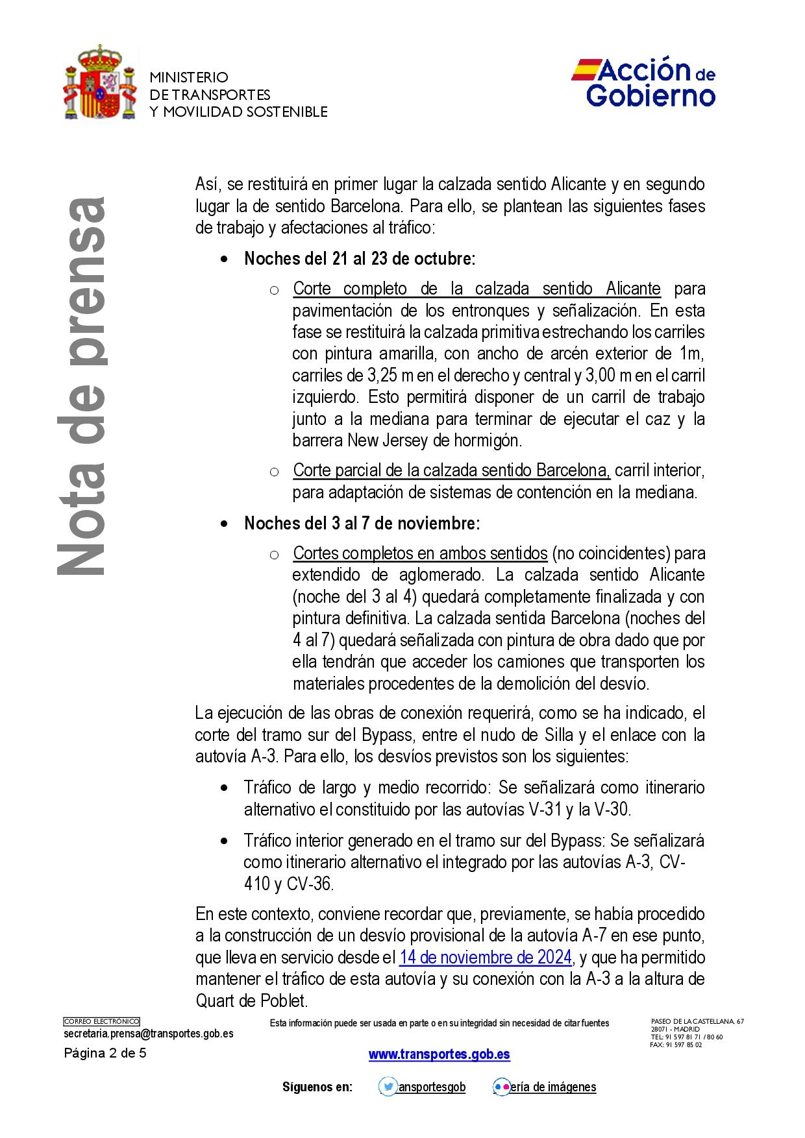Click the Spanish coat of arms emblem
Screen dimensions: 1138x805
click(100, 83)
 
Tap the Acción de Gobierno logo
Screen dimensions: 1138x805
click(643, 82)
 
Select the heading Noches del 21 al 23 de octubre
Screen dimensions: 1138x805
click(360, 259)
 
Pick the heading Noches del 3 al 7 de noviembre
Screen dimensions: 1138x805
click(362, 524)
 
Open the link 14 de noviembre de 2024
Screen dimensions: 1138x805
click(485, 958)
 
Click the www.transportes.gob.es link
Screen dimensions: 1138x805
click(440, 1054)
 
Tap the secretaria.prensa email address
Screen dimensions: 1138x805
click(149, 1034)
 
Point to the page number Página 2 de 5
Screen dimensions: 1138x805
click(105, 1053)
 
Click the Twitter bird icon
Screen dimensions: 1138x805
click(388, 1087)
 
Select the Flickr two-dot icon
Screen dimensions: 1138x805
click(502, 1087)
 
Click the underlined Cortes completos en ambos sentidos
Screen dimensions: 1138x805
click(420, 553)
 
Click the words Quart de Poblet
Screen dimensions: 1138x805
click(251, 1001)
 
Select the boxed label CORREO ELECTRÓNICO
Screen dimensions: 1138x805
click(101, 1022)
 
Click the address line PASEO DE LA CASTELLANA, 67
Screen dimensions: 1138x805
click(697, 1022)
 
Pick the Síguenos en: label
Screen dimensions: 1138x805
click(317, 1087)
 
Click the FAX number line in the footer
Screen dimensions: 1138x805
click(676, 1045)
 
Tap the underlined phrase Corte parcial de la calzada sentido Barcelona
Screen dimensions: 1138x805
click(451, 470)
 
